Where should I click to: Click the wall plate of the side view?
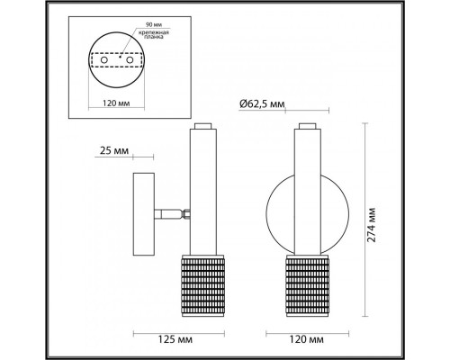click(141, 213)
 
